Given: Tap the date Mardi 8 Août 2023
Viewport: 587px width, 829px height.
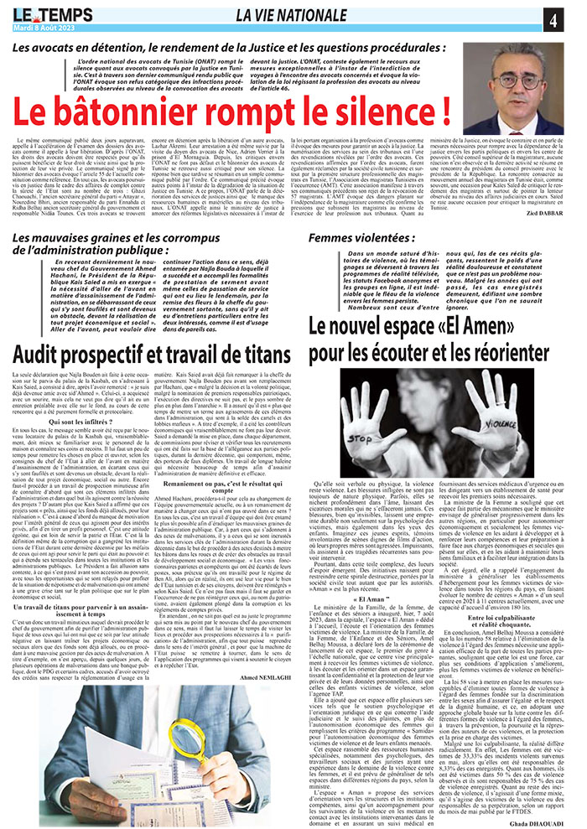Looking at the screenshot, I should [49, 27].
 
